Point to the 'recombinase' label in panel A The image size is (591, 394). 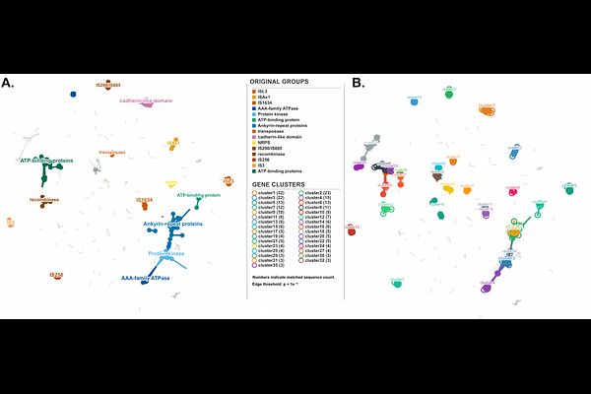[x=44, y=199]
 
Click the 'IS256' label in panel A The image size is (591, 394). [x=56, y=275]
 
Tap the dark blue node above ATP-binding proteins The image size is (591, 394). [x=73, y=95]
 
